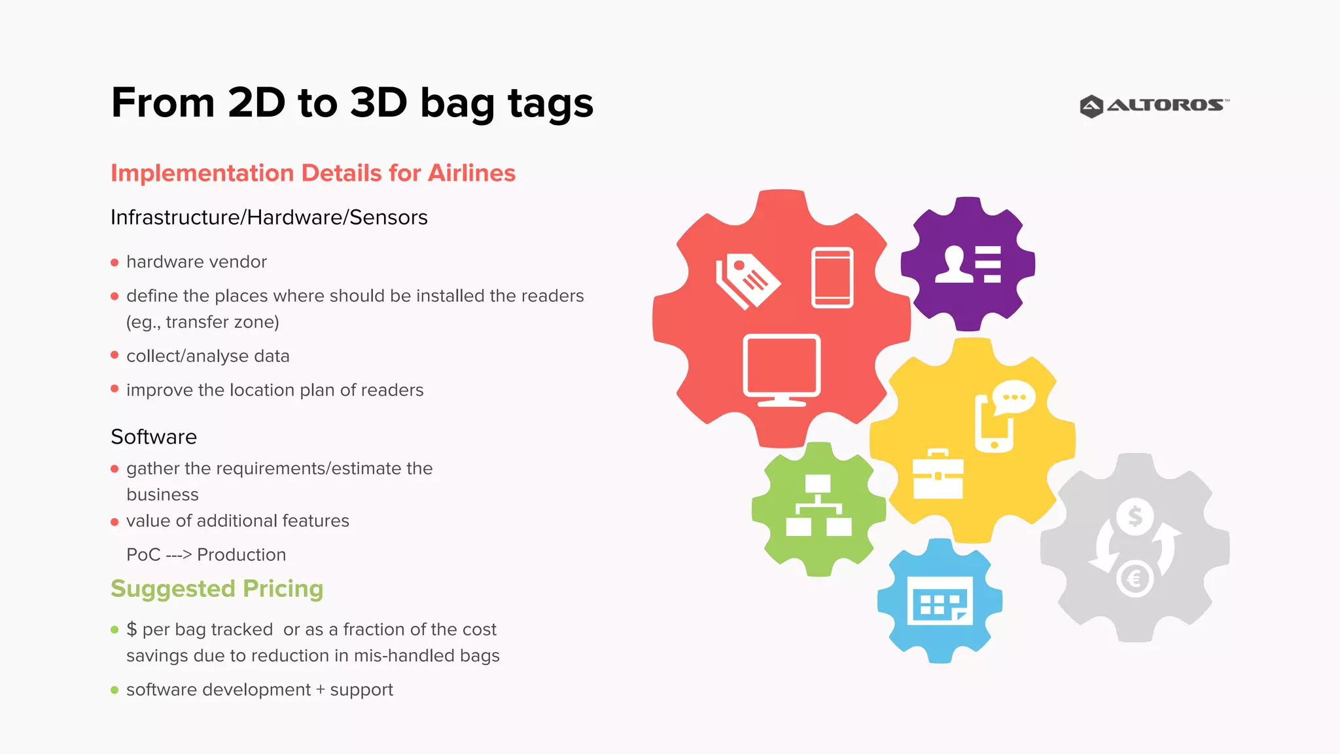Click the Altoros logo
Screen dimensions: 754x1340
1154,105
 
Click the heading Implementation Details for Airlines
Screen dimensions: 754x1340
313,173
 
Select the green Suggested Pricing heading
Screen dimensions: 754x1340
217,588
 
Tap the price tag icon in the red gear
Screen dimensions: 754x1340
747,280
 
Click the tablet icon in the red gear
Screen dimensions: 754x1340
832,278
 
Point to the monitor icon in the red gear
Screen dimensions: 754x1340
781,369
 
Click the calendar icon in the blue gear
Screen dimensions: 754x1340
940,601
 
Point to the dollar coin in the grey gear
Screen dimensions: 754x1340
1135,516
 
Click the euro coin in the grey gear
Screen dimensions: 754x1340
1135,579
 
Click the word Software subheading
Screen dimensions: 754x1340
154,437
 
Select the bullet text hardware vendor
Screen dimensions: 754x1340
196,262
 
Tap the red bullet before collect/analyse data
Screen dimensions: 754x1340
115,355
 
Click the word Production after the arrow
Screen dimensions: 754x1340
241,555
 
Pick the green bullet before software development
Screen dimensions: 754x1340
115,690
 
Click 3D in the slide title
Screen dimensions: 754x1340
378,103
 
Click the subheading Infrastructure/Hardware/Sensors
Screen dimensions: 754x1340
269,217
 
